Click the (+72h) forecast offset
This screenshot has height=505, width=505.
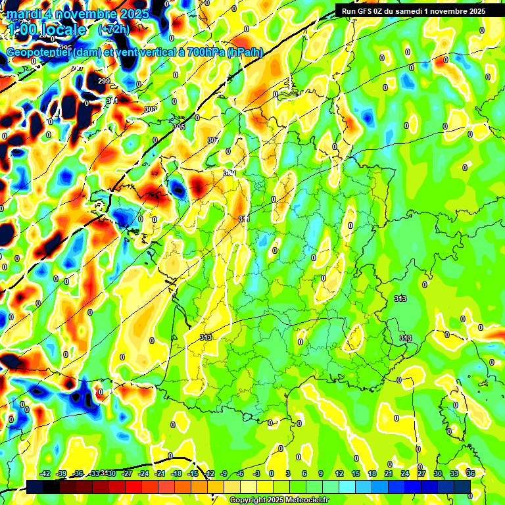pyautogui.click(x=114, y=30)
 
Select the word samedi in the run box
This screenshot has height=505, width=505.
pyautogui.click(x=412, y=11)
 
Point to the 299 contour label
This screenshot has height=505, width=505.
pyautogui.click(x=103, y=81)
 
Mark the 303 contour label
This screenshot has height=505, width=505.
pyautogui.click(x=151, y=109)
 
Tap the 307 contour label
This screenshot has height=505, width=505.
pyautogui.click(x=212, y=140)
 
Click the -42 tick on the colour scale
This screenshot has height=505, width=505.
pyautogui.click(x=45, y=474)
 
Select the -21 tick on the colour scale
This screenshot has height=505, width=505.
pyautogui.click(x=159, y=474)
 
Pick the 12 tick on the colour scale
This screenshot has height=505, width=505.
pyautogui.click(x=339, y=474)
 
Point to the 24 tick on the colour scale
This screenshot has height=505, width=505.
pyautogui.click(x=405, y=474)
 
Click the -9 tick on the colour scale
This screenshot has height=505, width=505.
pyautogui.click(x=225, y=474)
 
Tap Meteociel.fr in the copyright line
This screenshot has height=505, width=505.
pyautogui.click(x=304, y=500)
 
